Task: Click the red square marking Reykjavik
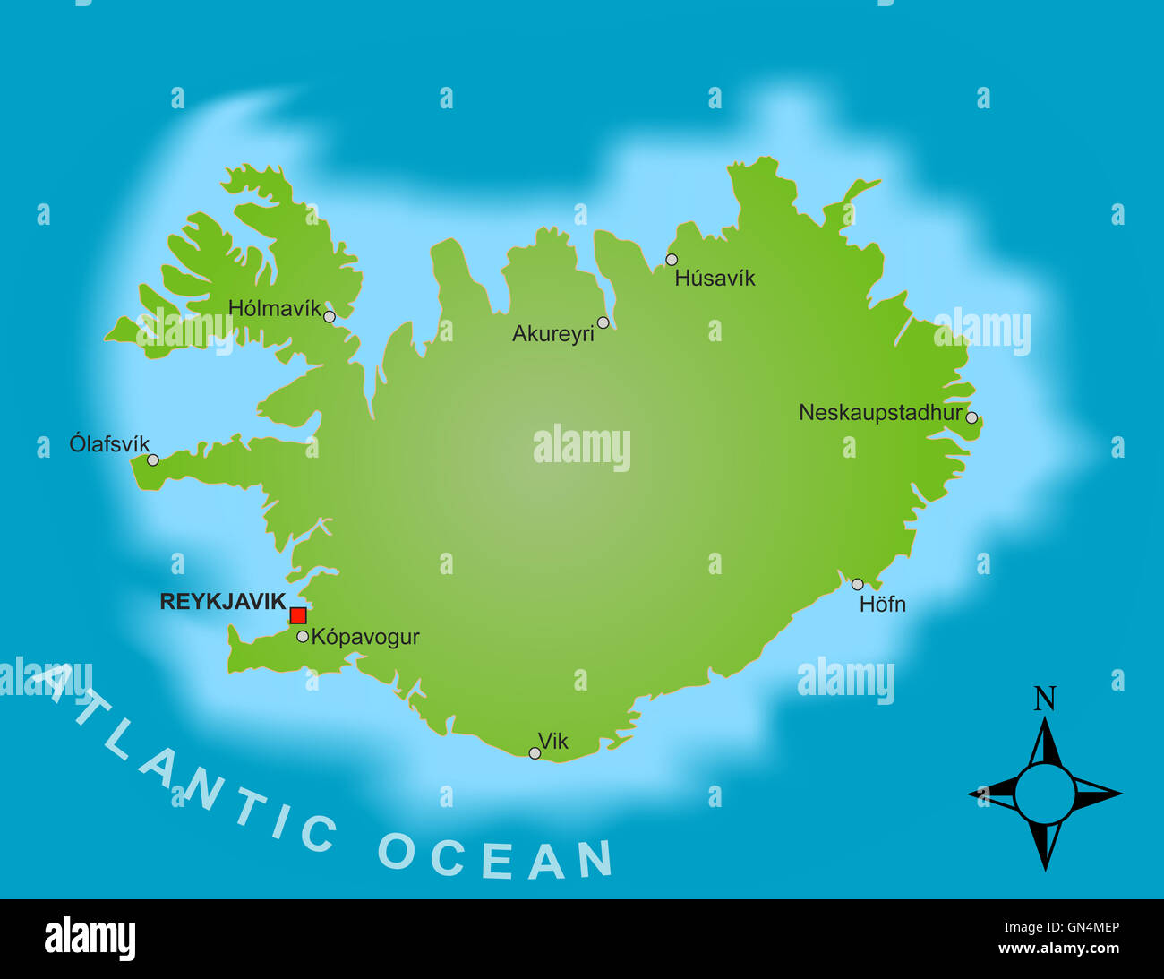tap(298, 615)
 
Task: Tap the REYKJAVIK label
tap(222, 602)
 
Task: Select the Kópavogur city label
tap(365, 637)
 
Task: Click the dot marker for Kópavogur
tap(303, 637)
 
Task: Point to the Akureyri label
tap(552, 334)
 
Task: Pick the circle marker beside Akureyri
tap(603, 322)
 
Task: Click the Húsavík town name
tap(715, 279)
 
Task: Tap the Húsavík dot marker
tap(672, 260)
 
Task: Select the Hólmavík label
tap(274, 309)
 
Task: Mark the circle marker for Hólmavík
tap(330, 316)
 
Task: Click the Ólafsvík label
tap(109, 443)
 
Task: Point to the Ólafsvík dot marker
tap(153, 459)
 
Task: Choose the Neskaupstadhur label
tap(880, 413)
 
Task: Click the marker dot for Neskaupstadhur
tap(971, 417)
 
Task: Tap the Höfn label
tap(882, 605)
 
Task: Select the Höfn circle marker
tap(857, 584)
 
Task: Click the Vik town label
tap(553, 741)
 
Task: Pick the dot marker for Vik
tap(535, 753)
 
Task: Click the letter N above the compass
tap(1045, 699)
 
